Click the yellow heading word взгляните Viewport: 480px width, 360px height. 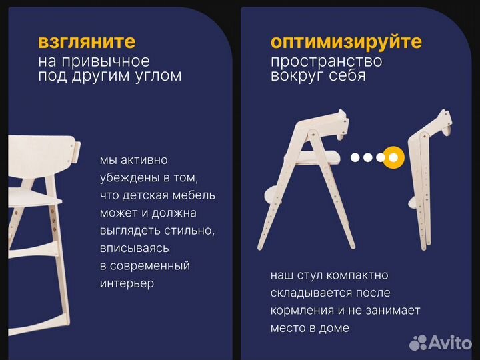tap(87, 42)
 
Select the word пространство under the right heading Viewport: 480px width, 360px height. tap(326, 61)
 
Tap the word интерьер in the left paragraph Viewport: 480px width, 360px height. tap(127, 283)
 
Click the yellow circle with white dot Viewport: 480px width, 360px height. tap(393, 157)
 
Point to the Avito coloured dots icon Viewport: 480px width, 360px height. tap(418, 343)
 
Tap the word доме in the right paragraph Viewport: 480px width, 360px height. tap(334, 328)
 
